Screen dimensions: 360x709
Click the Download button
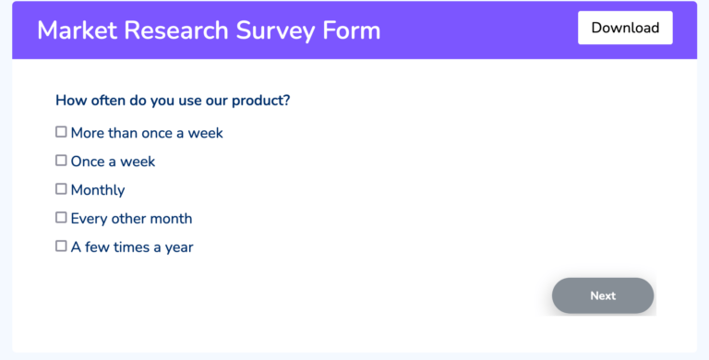click(625, 28)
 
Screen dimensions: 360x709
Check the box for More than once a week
click(61, 132)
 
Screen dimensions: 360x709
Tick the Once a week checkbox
click(61, 161)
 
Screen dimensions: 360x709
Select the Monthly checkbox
click(61, 189)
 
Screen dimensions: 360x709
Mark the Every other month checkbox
click(61, 218)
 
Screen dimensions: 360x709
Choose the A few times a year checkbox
click(61, 246)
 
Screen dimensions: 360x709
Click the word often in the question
click(107, 101)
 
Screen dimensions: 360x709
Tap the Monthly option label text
click(98, 190)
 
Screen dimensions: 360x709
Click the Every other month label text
click(131, 219)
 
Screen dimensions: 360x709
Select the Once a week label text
click(113, 162)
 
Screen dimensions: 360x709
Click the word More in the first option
click(88, 133)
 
